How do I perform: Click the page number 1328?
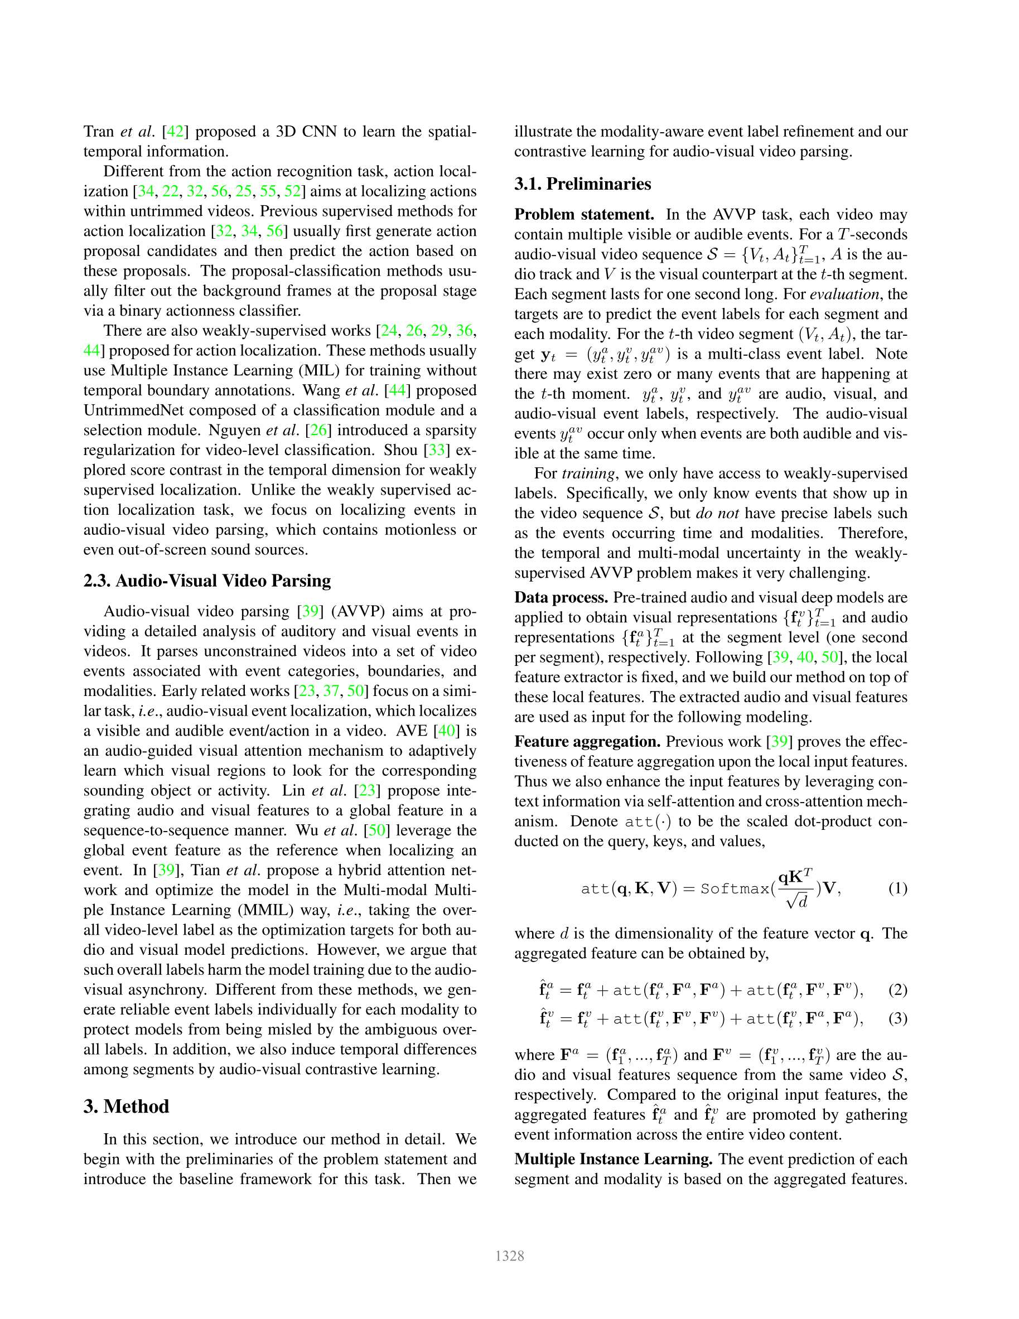pos(509,1256)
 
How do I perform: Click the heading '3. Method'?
pos(126,1107)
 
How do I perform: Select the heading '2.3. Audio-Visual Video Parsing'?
pos(207,581)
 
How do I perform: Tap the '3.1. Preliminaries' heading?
pos(582,183)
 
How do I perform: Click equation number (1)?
pos(897,888)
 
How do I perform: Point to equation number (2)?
pos(897,990)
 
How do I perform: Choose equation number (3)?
pos(897,1019)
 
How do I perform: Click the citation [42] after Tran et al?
pos(175,132)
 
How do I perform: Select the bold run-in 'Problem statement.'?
pos(584,214)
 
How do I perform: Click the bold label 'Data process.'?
pos(561,597)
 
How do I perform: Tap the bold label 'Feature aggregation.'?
pos(587,742)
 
